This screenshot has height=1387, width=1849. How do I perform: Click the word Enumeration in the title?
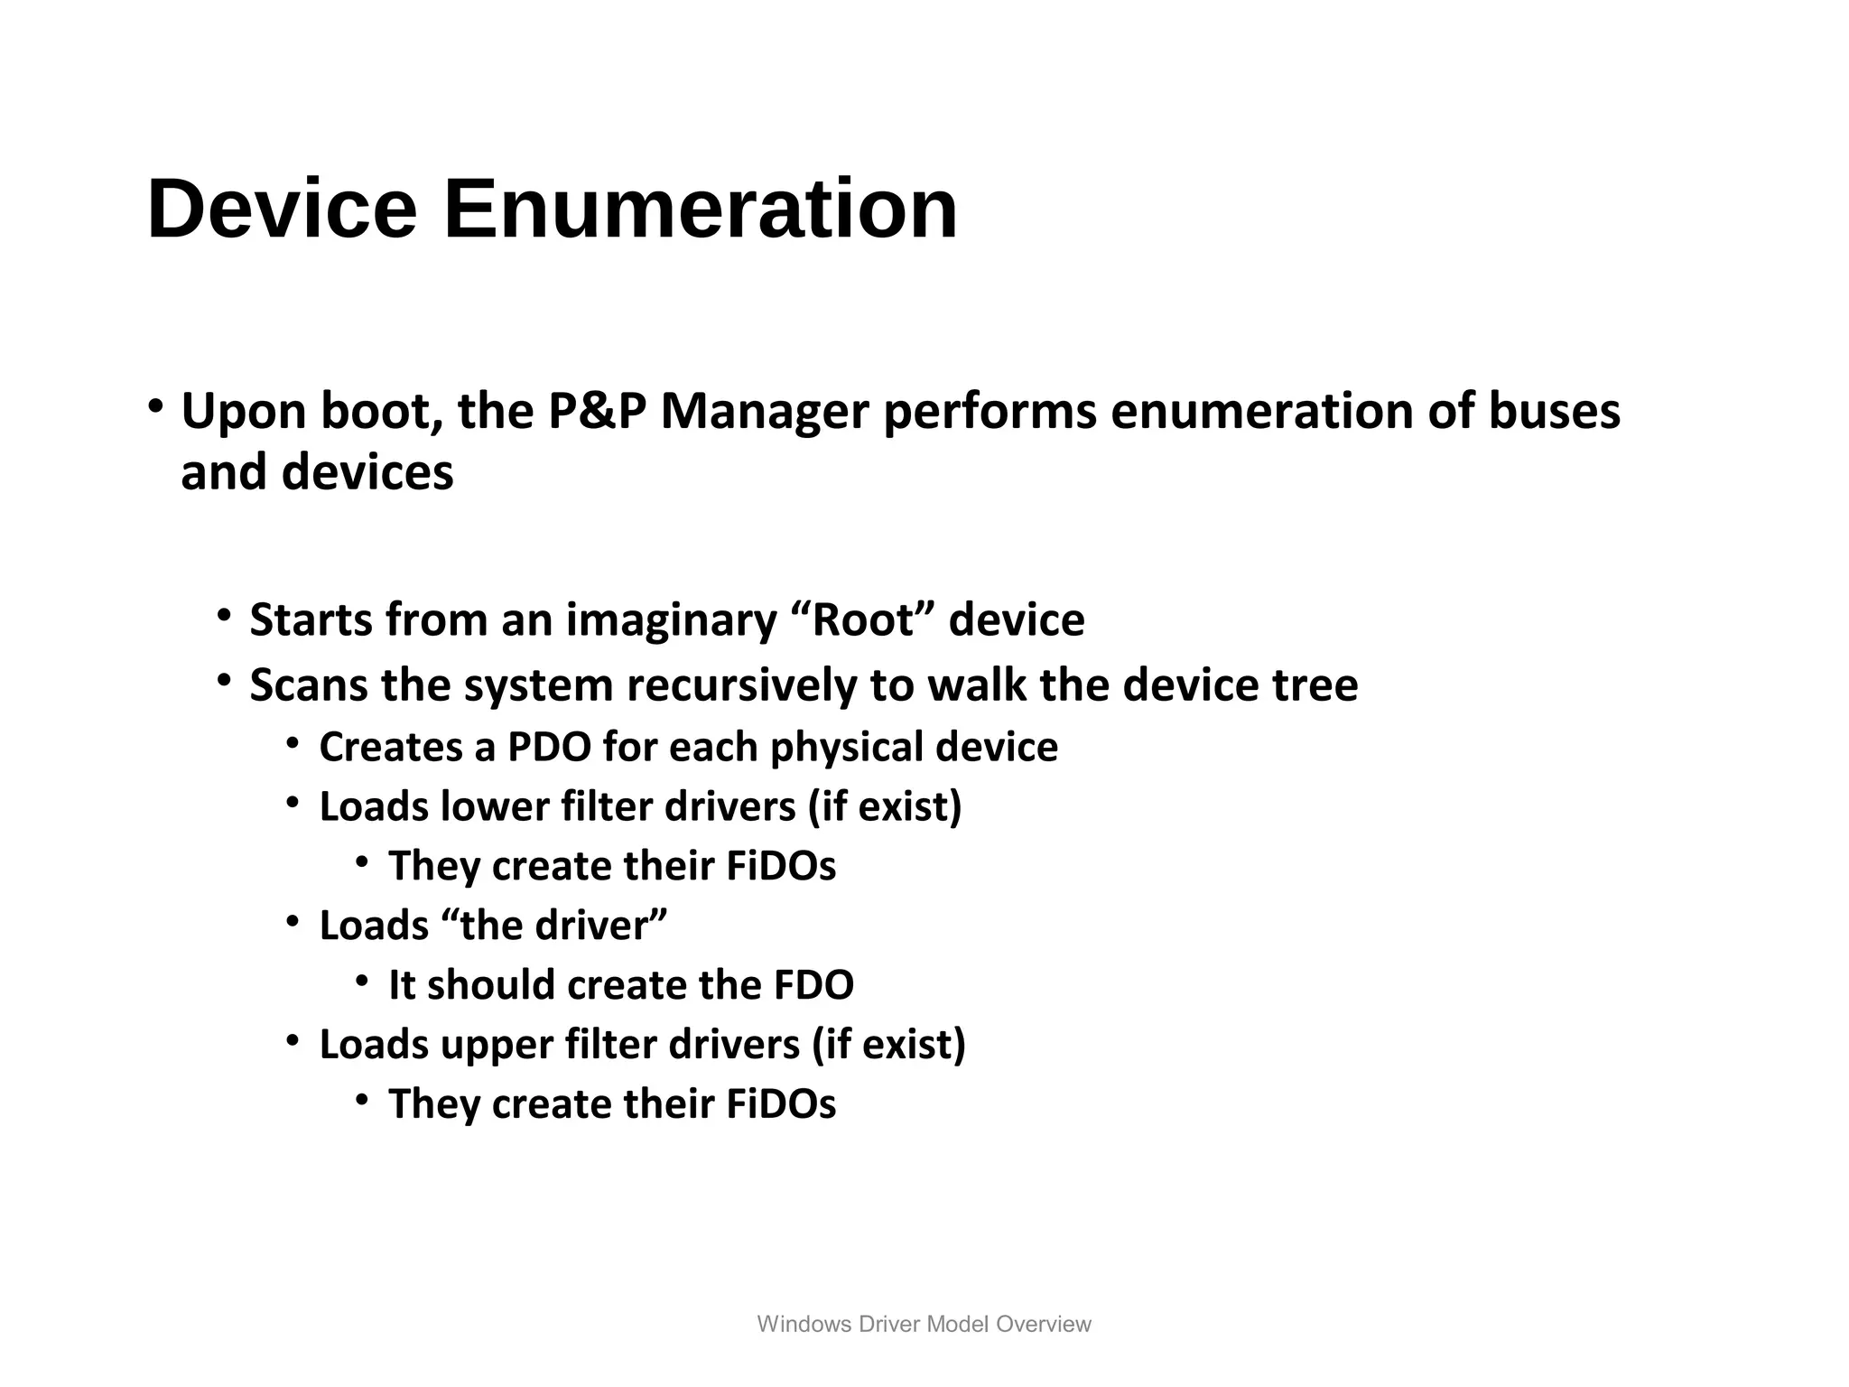coord(700,209)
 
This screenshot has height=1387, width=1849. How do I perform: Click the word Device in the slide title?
coord(282,209)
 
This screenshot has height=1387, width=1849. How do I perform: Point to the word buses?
coord(1554,412)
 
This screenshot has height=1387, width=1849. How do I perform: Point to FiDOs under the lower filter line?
coord(781,866)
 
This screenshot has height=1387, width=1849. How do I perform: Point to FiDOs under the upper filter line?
coord(781,1104)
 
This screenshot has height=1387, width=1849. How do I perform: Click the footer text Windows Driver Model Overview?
coord(924,1324)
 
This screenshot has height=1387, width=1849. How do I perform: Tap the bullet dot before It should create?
coord(362,980)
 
